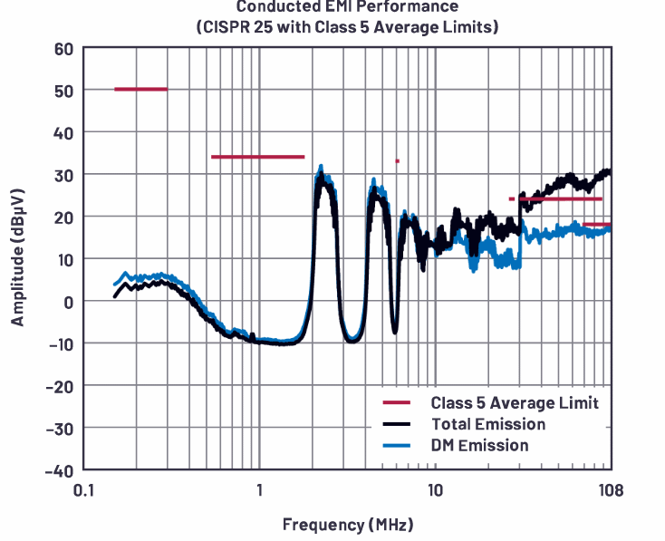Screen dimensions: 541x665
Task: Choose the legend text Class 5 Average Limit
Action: pyautogui.click(x=515, y=402)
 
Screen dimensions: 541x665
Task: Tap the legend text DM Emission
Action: pyautogui.click(x=479, y=445)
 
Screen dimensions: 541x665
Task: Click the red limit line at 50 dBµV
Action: pyautogui.click(x=140, y=89)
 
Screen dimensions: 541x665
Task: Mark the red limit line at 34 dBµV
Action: pyautogui.click(x=257, y=157)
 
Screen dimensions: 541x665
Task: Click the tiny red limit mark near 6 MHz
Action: pyautogui.click(x=397, y=161)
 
